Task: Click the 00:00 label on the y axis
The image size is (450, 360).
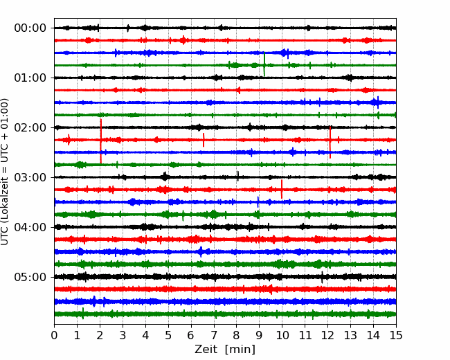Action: (x=30, y=28)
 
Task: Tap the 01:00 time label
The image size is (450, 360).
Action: (x=30, y=78)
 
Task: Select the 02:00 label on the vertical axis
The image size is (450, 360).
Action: (x=30, y=127)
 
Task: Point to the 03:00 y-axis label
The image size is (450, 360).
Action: (x=30, y=177)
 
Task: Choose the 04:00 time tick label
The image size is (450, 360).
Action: (x=30, y=227)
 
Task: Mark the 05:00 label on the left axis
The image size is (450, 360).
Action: (x=30, y=277)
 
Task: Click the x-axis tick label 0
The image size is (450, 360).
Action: (x=54, y=335)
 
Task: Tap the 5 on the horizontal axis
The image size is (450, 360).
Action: (x=168, y=335)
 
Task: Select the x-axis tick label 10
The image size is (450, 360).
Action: (x=282, y=335)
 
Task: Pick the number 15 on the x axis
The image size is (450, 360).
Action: (x=396, y=335)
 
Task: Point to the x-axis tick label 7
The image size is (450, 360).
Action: (x=214, y=335)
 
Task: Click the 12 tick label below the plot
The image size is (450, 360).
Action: (x=327, y=335)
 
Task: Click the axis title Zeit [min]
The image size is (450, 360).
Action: (x=225, y=350)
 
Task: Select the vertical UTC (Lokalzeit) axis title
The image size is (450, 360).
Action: (x=5, y=172)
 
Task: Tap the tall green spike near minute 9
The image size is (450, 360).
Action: (x=264, y=64)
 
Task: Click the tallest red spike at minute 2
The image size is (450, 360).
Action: (x=101, y=141)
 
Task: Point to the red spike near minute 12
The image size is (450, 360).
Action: (x=330, y=142)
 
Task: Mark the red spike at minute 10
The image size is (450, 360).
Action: (x=282, y=189)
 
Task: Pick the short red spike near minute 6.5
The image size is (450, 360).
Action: (x=204, y=140)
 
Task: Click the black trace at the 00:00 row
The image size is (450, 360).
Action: (x=225, y=28)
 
